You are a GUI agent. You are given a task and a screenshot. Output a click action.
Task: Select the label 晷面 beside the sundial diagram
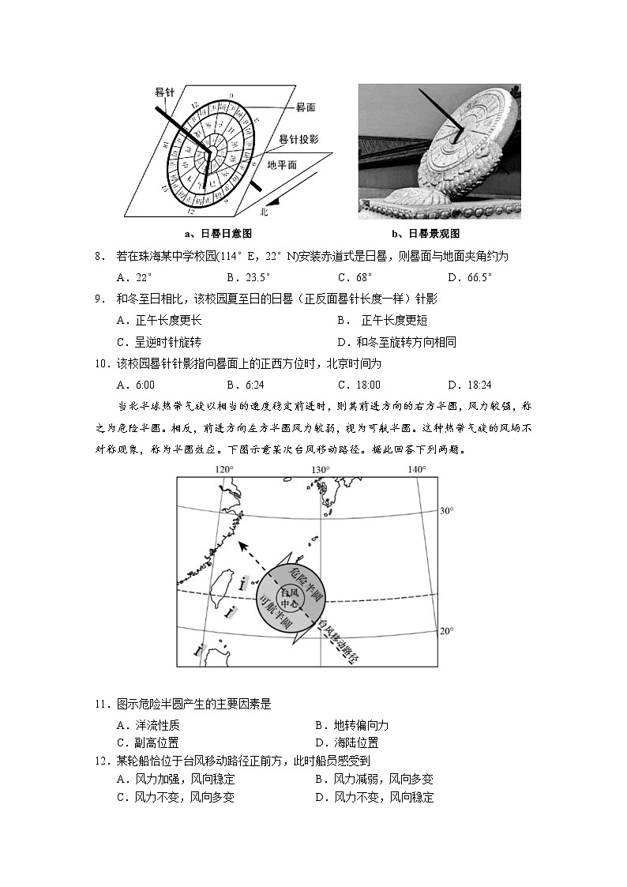point(306,106)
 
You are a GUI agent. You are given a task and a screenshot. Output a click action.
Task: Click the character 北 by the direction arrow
point(265,212)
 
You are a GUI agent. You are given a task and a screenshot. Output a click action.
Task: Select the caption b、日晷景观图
point(426,234)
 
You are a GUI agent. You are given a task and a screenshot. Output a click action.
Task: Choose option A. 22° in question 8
point(133,277)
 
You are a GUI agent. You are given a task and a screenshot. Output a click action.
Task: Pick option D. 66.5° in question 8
point(470,277)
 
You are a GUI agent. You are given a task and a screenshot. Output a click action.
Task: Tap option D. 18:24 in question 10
point(470,385)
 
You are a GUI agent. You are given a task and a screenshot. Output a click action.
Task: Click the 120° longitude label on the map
point(224,469)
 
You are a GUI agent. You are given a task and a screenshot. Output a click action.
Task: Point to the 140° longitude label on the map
point(416,469)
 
